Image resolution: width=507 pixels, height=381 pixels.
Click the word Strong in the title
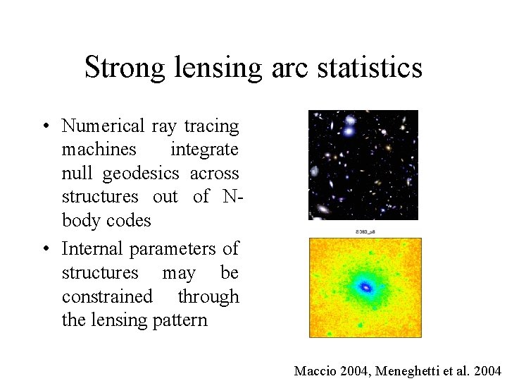coord(121,68)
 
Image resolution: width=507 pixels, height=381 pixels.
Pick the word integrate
coord(205,150)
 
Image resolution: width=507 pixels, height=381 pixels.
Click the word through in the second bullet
coord(208,296)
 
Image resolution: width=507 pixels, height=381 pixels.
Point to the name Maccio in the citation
coord(313,370)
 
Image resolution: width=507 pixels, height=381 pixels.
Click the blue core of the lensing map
coord(365,287)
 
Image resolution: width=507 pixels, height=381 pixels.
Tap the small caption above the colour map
coord(363,231)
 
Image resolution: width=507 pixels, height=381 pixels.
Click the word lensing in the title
coord(207,68)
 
